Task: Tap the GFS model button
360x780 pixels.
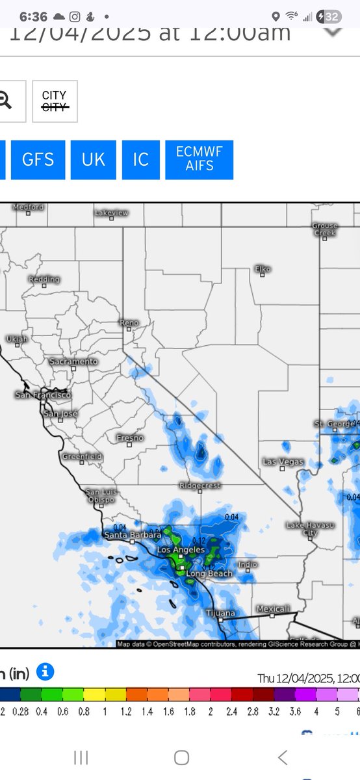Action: point(38,160)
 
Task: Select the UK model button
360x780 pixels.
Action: point(94,160)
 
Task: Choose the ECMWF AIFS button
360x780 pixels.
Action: point(199,160)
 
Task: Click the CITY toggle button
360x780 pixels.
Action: point(55,101)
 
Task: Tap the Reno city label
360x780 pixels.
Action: point(129,323)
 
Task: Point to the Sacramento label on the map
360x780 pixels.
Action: point(74,361)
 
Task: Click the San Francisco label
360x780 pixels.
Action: point(44,395)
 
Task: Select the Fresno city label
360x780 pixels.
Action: point(129,438)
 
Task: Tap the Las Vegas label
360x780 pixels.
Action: point(282,461)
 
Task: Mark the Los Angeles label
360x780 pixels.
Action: point(181,550)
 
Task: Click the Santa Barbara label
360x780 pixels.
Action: point(132,535)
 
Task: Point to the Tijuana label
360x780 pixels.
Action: point(220,613)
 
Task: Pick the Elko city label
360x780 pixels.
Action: point(263,269)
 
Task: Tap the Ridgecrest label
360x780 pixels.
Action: point(200,486)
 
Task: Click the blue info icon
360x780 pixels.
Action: point(46,671)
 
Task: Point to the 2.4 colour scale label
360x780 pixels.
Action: point(231,712)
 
